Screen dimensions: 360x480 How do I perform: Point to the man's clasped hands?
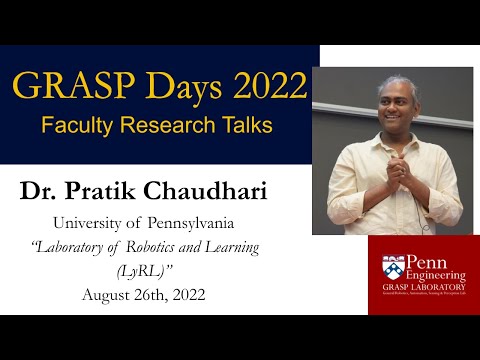click(387, 181)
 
